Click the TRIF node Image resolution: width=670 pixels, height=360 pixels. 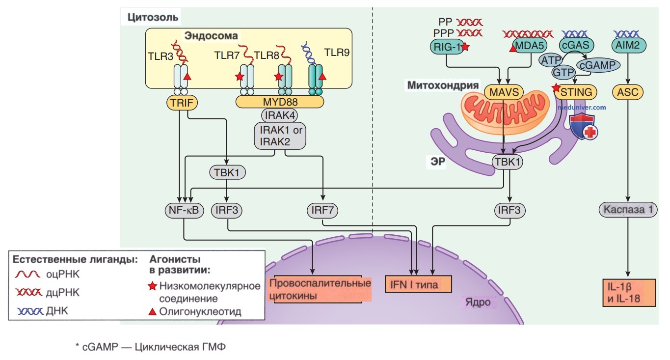(182, 103)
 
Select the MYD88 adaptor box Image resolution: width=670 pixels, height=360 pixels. (280, 102)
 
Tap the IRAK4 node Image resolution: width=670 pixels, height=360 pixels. (280, 115)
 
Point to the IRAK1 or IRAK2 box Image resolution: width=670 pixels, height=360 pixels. (280, 136)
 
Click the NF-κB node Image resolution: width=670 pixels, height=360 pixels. (184, 210)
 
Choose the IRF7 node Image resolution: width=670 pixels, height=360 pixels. (322, 210)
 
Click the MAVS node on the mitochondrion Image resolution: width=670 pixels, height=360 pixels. (504, 92)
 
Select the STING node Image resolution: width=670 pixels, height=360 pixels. (576, 92)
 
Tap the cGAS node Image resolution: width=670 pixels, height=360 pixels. (576, 45)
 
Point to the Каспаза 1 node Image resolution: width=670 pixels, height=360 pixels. (628, 210)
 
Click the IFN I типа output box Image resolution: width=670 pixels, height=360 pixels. (418, 284)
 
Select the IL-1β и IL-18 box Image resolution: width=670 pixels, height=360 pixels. (629, 293)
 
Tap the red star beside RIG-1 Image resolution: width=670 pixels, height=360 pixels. (465, 47)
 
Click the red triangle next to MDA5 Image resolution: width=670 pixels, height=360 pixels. (513, 48)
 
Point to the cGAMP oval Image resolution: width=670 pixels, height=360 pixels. (598, 65)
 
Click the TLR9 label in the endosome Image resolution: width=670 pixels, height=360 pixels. (337, 53)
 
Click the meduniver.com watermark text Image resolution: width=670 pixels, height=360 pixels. (582, 107)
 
